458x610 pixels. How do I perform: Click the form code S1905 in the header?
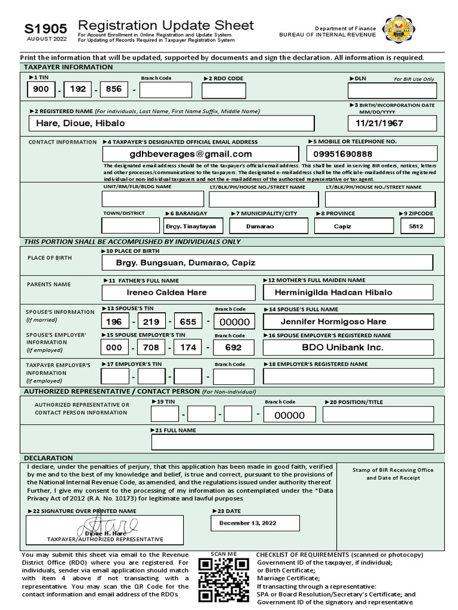pyautogui.click(x=45, y=29)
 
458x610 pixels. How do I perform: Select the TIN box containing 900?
pyautogui.click(x=41, y=89)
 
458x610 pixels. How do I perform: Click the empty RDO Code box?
pyautogui.click(x=224, y=90)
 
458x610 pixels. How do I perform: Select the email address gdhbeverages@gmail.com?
pyautogui.click(x=203, y=154)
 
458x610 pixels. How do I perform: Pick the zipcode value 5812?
pyautogui.click(x=417, y=226)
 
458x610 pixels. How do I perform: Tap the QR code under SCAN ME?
pyautogui.click(x=223, y=580)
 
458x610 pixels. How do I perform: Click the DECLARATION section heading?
pyautogui.click(x=48, y=458)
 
